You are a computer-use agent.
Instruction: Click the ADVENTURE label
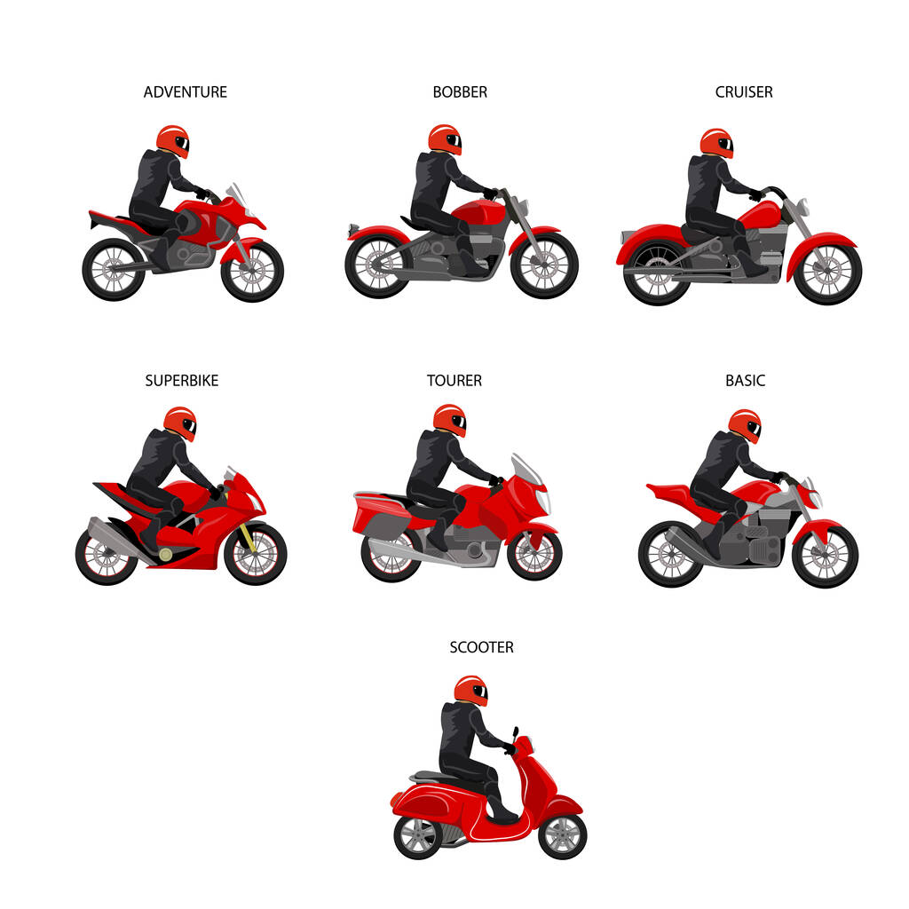click(x=185, y=92)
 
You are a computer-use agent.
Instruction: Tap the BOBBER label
click(x=460, y=92)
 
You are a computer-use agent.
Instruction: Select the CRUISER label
click(x=744, y=92)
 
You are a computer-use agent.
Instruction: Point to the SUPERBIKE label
click(x=181, y=380)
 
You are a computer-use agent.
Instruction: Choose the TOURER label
click(x=454, y=380)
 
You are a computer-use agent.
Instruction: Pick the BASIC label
click(x=745, y=380)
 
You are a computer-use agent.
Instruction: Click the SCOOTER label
click(x=481, y=647)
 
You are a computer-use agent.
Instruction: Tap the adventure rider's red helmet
click(x=173, y=141)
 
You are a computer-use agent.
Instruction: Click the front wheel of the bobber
click(x=544, y=265)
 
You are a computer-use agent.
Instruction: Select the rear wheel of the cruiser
click(x=657, y=273)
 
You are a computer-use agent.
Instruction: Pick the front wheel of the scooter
click(x=562, y=836)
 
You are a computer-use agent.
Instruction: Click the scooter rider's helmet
click(x=470, y=691)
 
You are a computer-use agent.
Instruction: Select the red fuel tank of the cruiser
click(x=761, y=216)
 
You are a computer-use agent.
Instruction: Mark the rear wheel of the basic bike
click(x=671, y=555)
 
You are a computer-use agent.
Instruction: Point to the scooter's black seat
click(x=432, y=776)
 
